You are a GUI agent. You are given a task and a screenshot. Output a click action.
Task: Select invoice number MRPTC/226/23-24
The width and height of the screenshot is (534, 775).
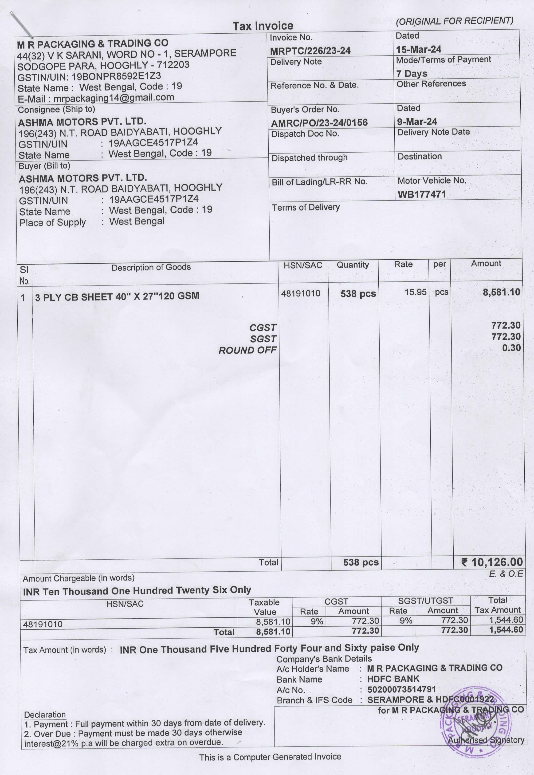point(310,51)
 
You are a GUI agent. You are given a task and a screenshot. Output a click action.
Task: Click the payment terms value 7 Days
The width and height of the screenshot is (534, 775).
point(412,73)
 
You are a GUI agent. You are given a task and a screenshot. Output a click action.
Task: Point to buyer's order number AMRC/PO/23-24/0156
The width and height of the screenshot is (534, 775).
point(319,123)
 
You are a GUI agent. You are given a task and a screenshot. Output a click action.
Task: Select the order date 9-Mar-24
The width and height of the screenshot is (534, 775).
point(417,122)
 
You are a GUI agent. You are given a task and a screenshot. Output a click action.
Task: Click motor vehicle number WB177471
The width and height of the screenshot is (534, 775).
point(422,194)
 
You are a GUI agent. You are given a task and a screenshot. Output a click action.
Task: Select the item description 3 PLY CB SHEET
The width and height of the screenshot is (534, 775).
point(117,296)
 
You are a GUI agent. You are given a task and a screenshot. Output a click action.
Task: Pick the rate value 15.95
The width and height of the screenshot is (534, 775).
point(415,292)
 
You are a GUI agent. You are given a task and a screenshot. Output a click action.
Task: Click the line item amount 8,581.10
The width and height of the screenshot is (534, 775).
point(501,292)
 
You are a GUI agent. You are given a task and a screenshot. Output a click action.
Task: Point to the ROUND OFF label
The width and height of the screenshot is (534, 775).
point(247,350)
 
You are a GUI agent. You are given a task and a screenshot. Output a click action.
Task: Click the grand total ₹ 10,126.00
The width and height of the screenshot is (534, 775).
point(492,562)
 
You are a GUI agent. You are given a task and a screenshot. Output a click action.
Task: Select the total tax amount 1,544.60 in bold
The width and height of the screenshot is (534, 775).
point(506,630)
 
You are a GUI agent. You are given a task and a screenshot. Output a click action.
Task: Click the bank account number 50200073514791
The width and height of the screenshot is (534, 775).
point(401,689)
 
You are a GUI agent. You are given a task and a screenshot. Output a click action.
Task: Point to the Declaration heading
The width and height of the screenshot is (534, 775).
point(45,715)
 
